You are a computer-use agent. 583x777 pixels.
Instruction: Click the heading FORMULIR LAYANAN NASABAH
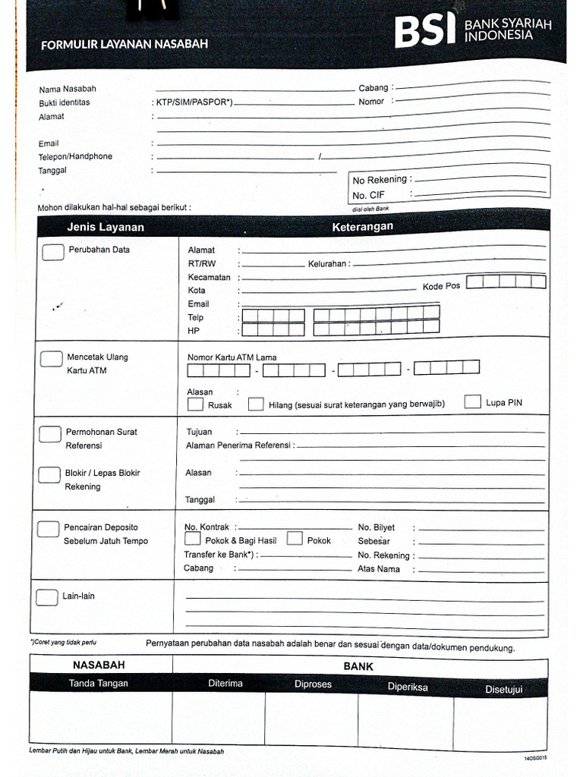click(x=124, y=45)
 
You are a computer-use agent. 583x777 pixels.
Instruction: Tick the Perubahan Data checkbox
click(x=52, y=253)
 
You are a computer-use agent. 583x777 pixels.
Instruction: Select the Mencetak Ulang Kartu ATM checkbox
click(x=51, y=359)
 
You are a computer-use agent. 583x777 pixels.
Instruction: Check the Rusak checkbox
click(x=195, y=404)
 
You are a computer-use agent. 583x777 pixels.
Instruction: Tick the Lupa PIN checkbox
click(x=473, y=401)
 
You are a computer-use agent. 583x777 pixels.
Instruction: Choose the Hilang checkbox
click(x=256, y=404)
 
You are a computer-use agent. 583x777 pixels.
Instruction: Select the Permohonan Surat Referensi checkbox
click(x=50, y=434)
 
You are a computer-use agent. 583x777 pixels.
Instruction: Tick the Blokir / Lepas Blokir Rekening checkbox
click(x=50, y=475)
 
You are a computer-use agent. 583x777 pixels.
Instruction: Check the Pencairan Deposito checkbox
click(x=49, y=529)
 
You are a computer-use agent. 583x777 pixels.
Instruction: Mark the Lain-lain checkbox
click(x=47, y=596)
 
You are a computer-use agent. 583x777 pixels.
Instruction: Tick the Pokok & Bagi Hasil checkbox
click(x=193, y=539)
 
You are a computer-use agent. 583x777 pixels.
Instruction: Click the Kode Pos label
click(x=441, y=286)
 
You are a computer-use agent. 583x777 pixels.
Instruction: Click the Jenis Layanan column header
click(x=106, y=227)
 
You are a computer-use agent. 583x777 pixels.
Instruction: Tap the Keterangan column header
click(x=362, y=227)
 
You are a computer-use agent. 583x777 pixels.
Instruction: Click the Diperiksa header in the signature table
click(x=408, y=687)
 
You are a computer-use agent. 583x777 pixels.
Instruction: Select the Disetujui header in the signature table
click(x=504, y=689)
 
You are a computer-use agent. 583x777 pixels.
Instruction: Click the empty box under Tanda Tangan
click(x=100, y=718)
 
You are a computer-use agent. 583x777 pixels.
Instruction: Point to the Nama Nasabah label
click(x=68, y=89)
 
